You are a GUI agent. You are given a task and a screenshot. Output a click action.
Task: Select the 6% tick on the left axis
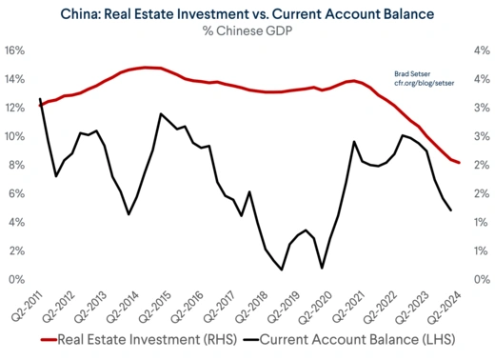[x=16, y=193]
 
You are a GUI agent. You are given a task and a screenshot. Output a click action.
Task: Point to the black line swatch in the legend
[x=250, y=339]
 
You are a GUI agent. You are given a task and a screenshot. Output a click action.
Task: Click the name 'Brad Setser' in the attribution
[x=412, y=72]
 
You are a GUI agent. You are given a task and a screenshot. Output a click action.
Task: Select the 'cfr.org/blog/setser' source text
[x=423, y=83]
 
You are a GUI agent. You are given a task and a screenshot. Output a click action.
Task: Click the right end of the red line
[x=460, y=163]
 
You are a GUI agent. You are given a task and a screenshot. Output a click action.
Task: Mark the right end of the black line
[x=450, y=210]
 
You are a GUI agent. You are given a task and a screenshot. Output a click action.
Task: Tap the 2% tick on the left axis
[x=16, y=250]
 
